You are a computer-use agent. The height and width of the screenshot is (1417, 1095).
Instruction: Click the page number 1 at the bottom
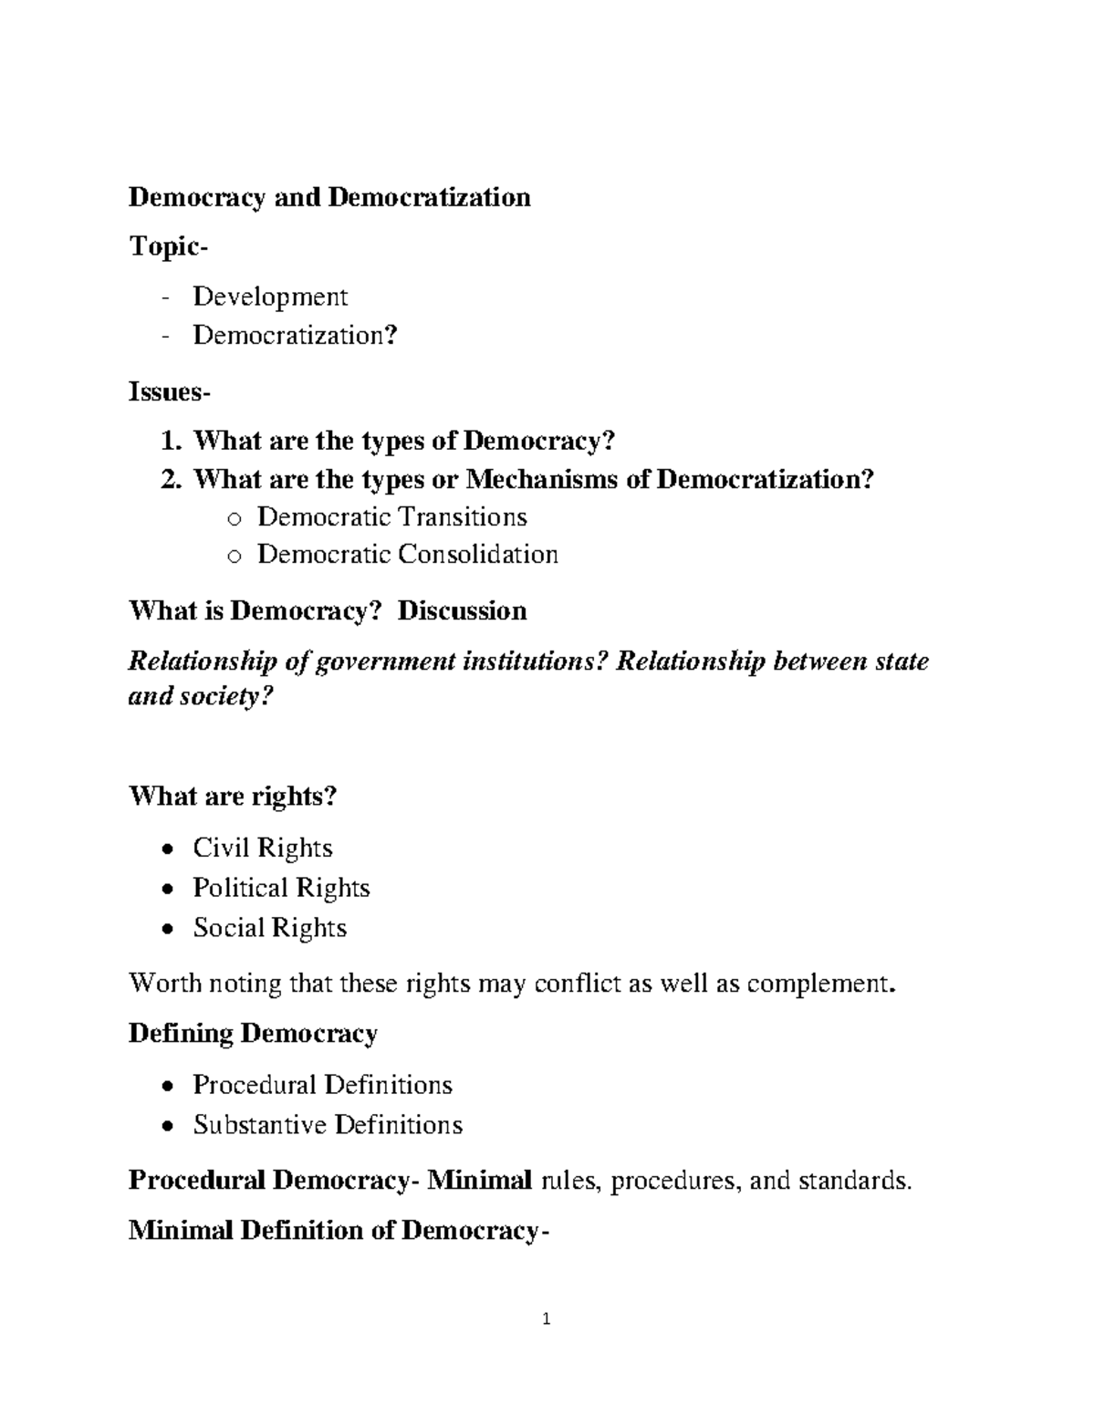547,1318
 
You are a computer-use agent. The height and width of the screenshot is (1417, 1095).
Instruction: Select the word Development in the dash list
270,297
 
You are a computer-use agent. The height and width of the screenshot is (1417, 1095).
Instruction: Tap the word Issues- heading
170,392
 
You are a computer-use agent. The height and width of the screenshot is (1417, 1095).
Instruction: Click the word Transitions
461,517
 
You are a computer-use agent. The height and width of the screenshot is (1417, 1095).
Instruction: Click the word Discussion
463,610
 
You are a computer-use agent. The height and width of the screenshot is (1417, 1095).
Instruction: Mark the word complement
822,985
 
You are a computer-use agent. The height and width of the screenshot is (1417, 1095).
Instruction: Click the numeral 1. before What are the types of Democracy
172,442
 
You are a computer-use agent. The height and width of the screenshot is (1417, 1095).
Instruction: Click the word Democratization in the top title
429,197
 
